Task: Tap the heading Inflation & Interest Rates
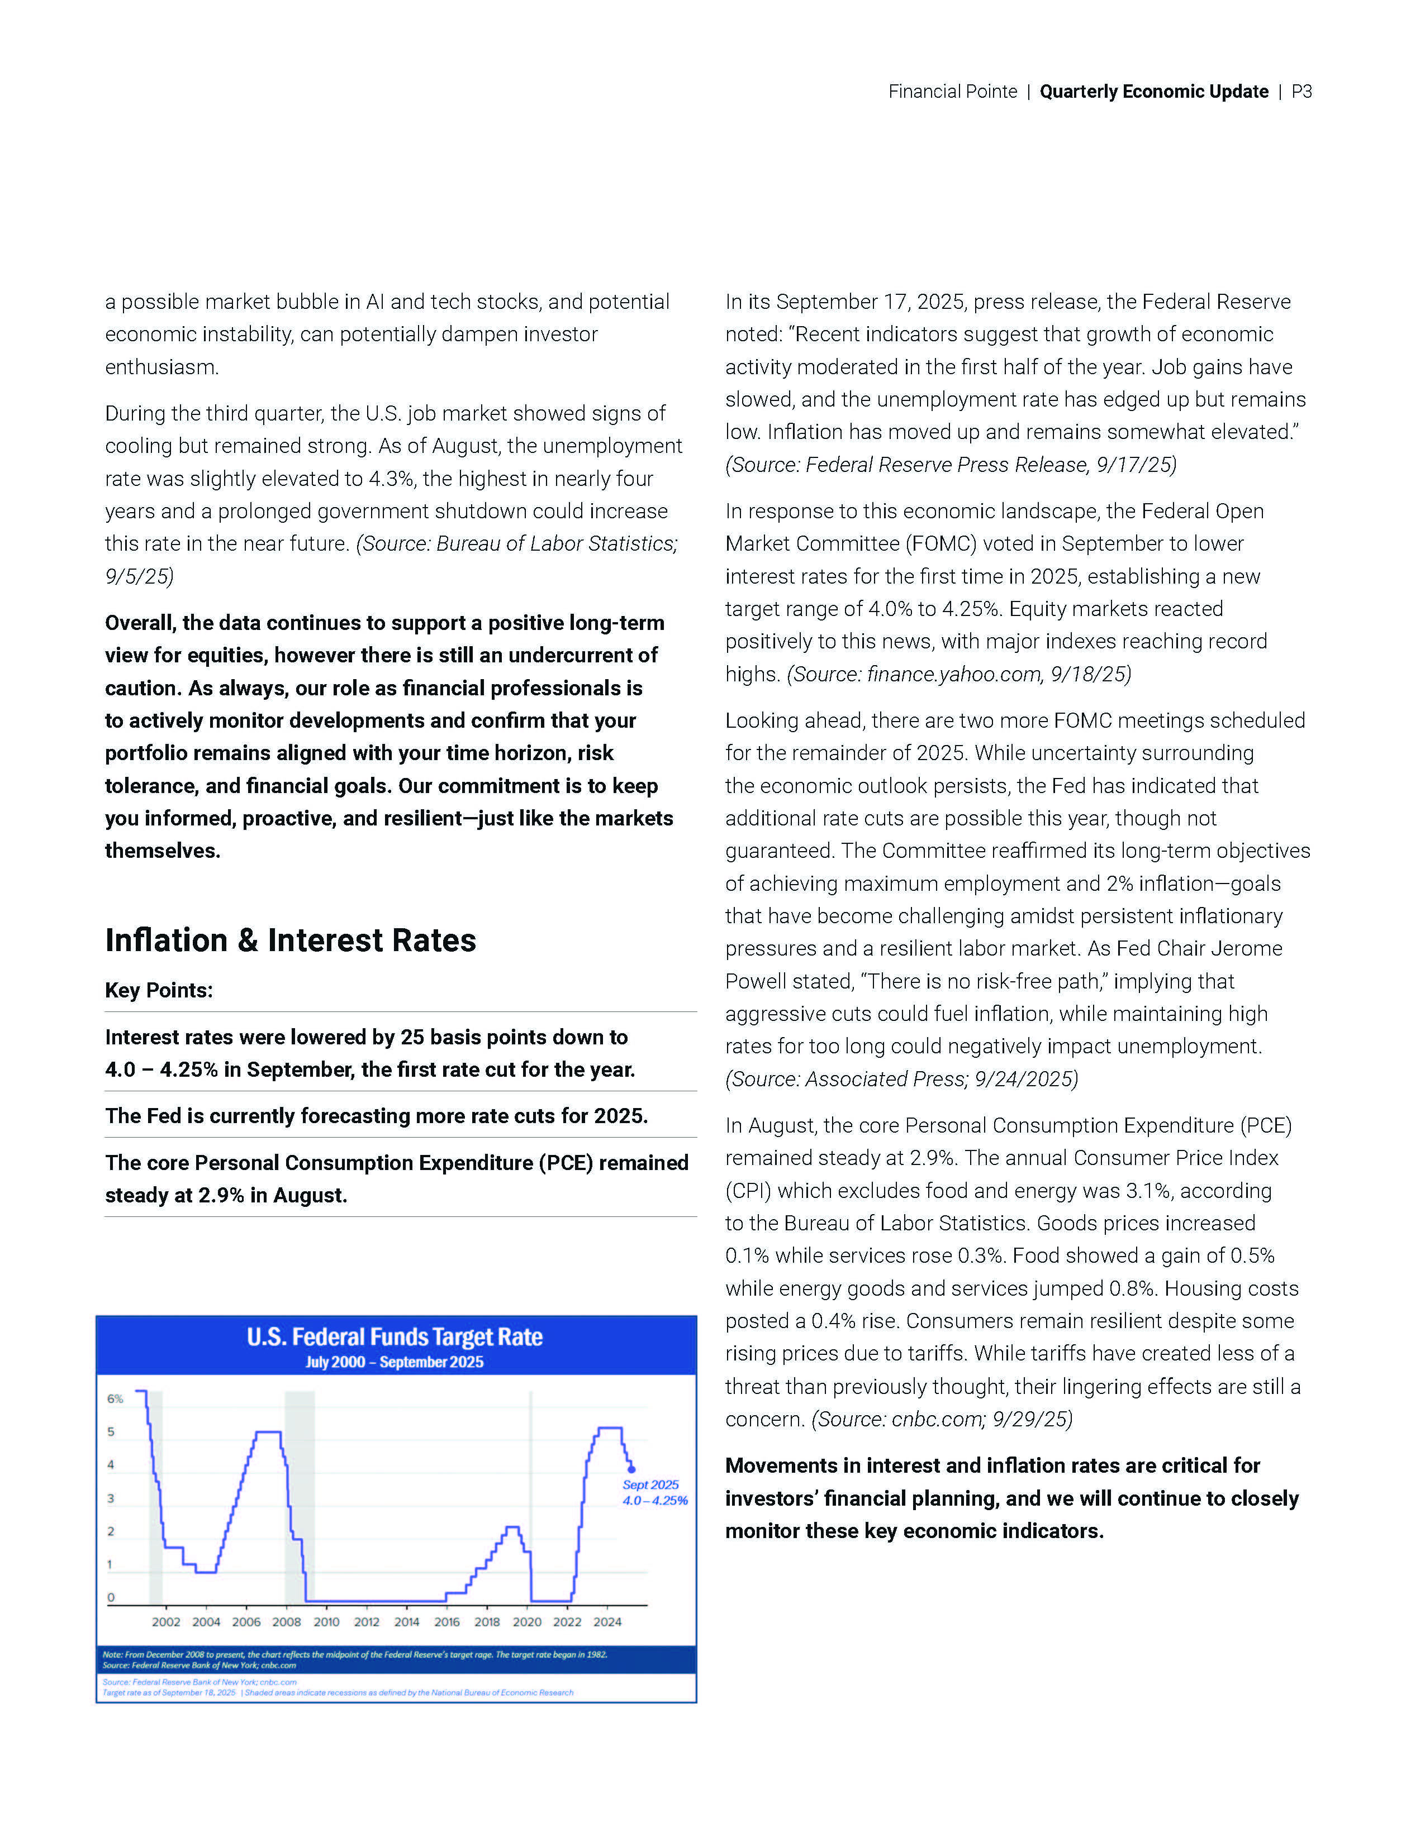point(291,940)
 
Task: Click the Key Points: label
point(159,990)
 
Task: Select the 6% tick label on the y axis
point(115,1398)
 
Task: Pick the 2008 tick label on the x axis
point(286,1622)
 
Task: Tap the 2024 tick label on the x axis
point(607,1622)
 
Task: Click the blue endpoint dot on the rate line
point(631,1469)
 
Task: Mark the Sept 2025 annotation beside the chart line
point(650,1484)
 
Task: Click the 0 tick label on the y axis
point(111,1597)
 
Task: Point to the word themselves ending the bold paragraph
point(162,851)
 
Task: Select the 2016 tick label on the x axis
point(446,1622)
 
